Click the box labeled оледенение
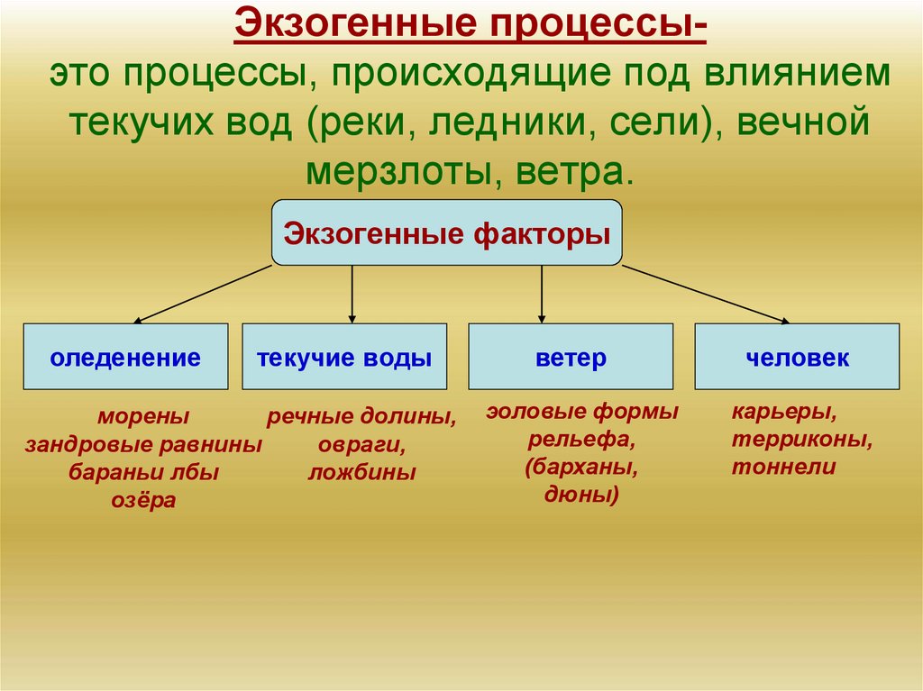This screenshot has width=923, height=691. pos(125,357)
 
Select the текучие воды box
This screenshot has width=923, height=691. pos(344,357)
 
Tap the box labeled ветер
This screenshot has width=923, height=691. pos(571,357)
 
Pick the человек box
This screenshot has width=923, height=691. pos(797,357)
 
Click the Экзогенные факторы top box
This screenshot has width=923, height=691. pos(447,232)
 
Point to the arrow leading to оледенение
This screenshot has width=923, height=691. pos(202,295)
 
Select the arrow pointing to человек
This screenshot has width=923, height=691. pos(706,295)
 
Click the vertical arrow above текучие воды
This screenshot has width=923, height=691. pos(352,295)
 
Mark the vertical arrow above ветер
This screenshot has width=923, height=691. pos(542,295)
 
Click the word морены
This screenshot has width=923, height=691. pos(143,417)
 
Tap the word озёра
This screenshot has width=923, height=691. pos(143,501)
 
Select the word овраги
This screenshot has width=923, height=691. pos(362,445)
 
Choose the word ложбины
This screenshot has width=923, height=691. pos(362,473)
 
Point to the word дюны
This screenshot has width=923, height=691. pos(581,495)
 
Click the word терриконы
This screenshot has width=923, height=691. pos(801,441)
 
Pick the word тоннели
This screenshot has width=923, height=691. pos(783,468)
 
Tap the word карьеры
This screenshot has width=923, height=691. pos(784,413)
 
